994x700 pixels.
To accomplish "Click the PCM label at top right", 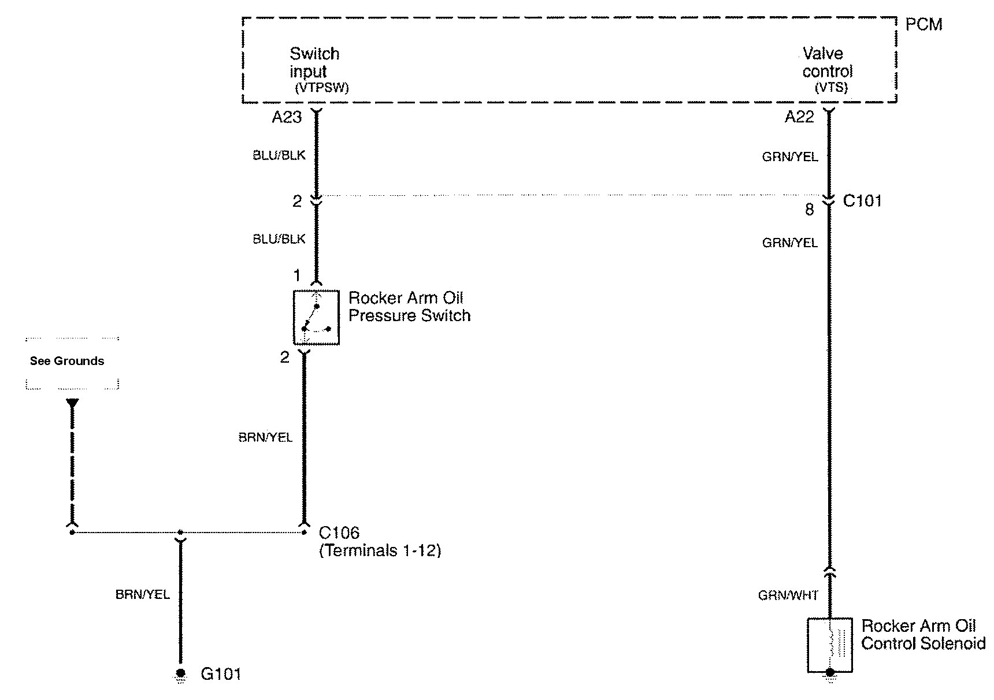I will (923, 24).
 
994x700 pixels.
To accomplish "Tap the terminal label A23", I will (287, 117).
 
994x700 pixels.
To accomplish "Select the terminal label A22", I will (799, 117).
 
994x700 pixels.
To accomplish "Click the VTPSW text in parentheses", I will (321, 88).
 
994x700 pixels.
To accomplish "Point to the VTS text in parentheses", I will (831, 88).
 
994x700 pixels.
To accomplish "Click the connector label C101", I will (862, 201).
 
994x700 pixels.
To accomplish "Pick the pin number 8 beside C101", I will (810, 210).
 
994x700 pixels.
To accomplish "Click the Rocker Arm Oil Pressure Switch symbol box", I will (316, 317).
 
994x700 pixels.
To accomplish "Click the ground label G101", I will (221, 674).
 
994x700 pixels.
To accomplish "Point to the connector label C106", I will (339, 533).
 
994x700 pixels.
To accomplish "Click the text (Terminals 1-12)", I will (380, 550).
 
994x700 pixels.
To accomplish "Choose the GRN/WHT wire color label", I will (788, 595).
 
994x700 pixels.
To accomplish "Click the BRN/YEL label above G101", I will (143, 594).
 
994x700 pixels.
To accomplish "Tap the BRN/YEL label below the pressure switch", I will (265, 437).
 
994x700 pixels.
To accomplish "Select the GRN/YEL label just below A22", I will (790, 157).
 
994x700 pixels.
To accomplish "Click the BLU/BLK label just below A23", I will (279, 155).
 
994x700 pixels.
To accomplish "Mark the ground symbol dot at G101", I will (181, 673).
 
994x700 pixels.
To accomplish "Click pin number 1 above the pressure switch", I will (297, 275).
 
